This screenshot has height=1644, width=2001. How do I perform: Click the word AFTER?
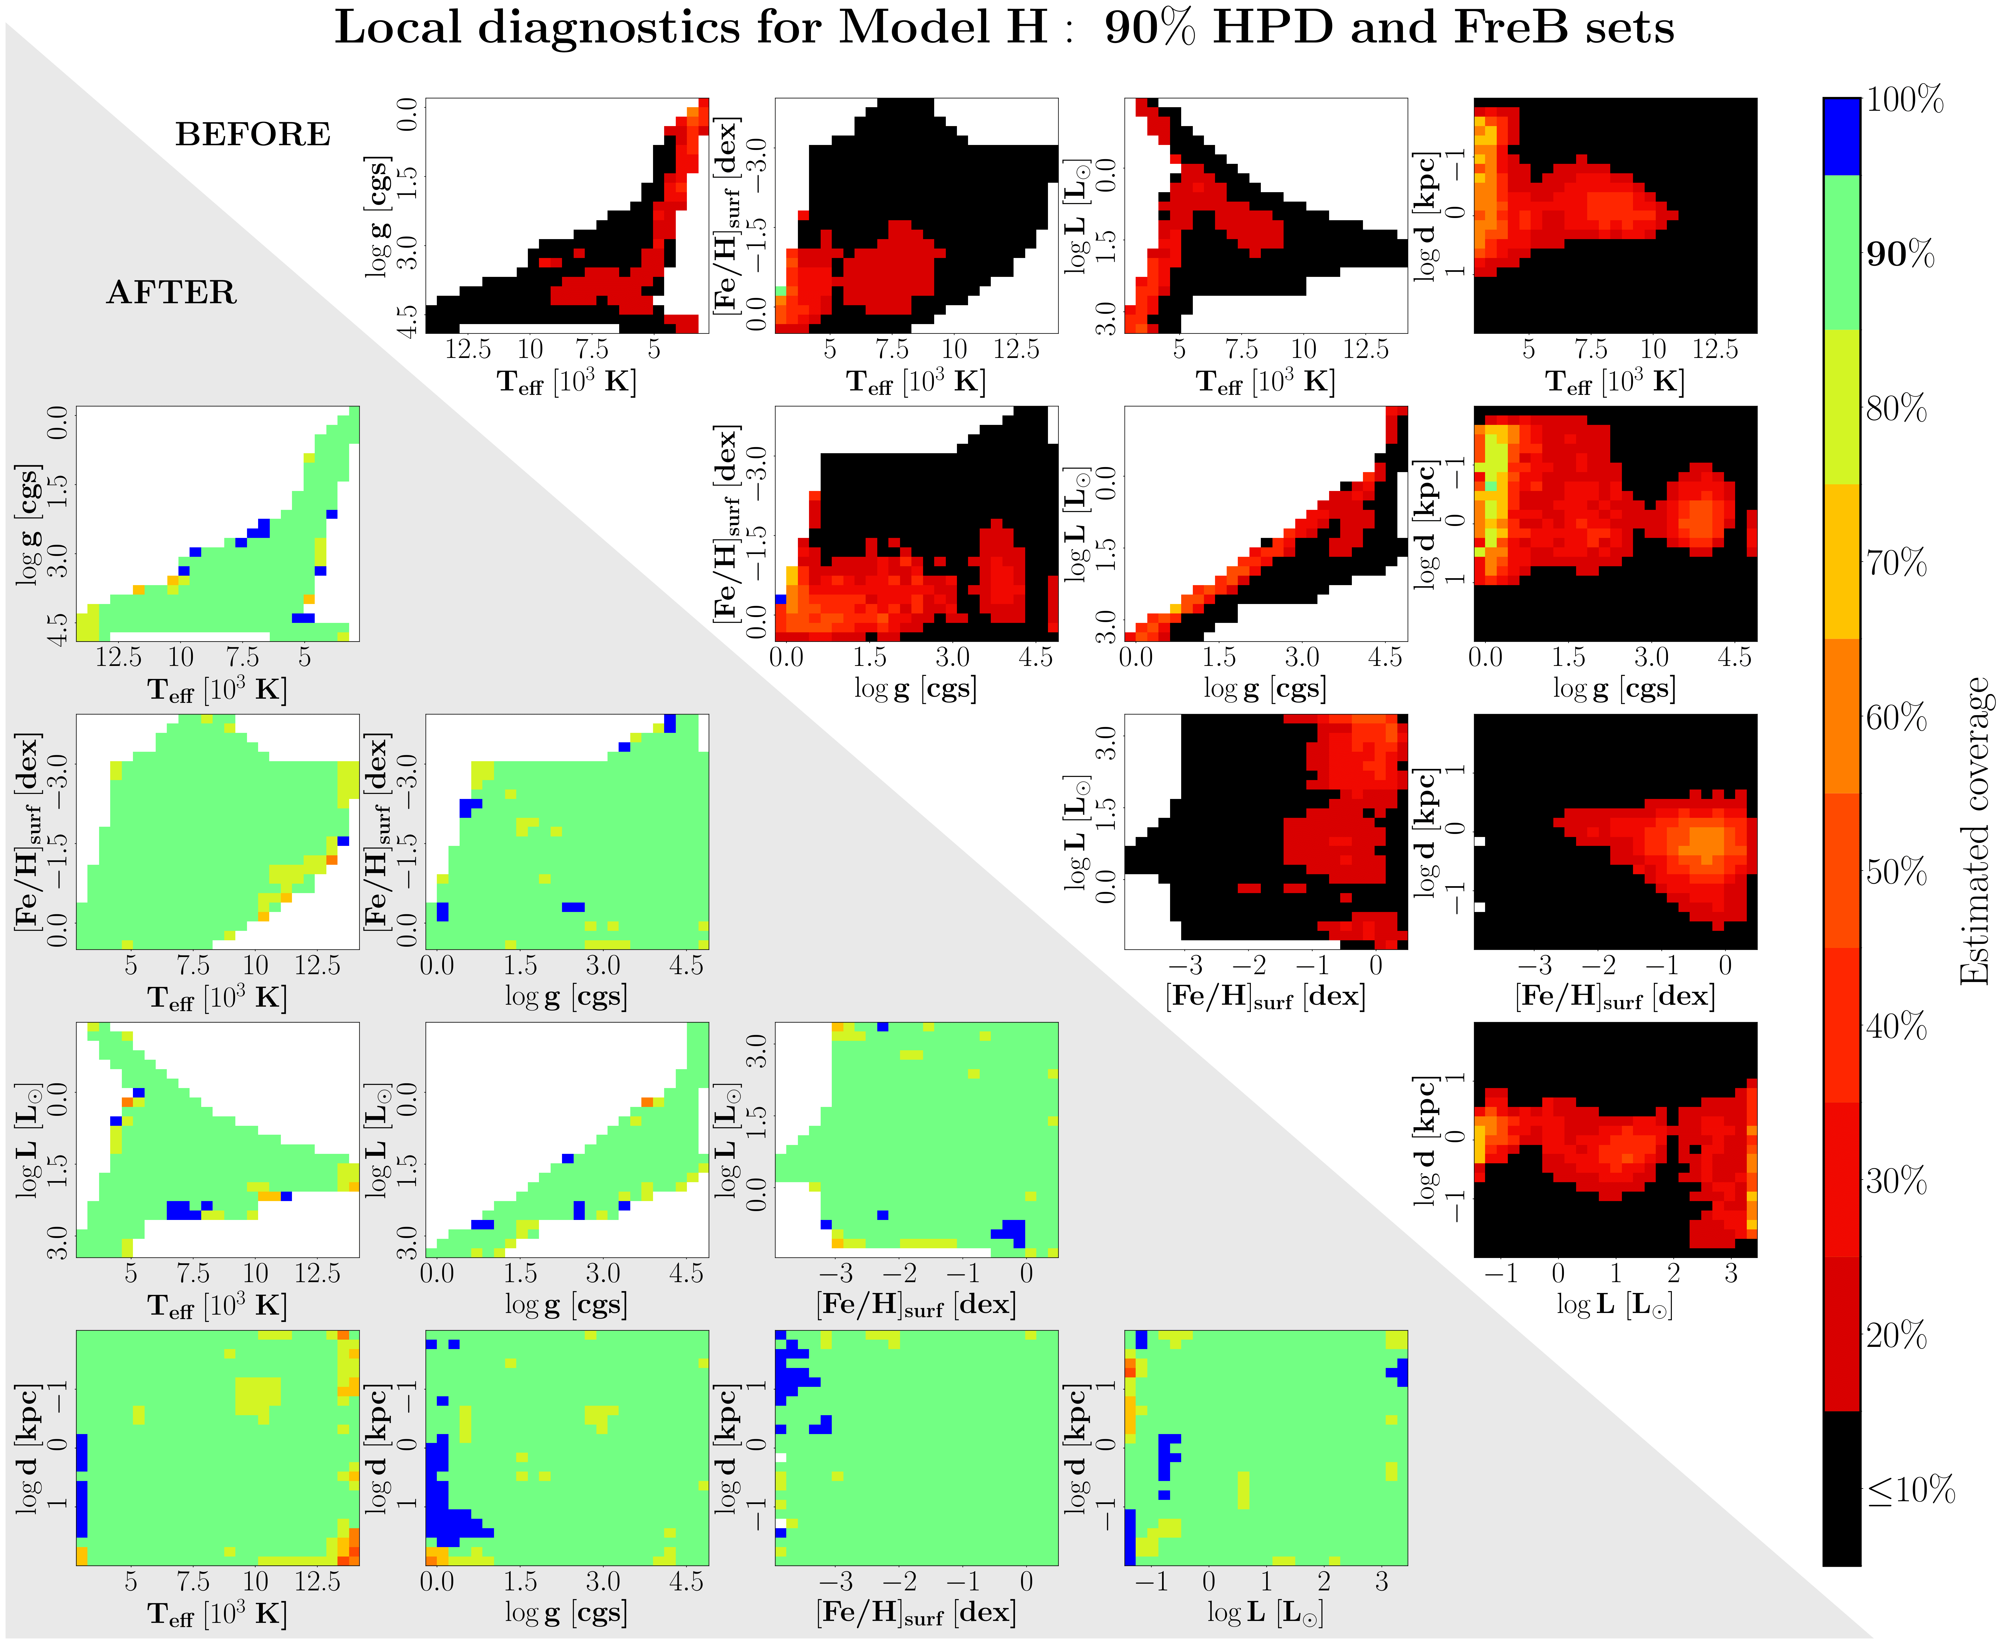coord(171,293)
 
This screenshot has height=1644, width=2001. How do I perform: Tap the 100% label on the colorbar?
coord(1904,99)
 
